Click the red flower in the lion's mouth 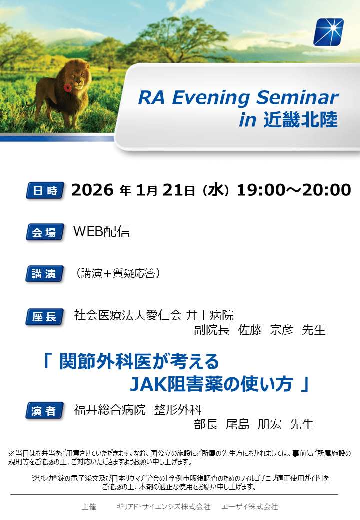67,88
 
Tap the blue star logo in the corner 328,32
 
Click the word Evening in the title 211,98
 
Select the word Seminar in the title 297,98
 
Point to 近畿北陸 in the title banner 300,119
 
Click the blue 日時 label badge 45,190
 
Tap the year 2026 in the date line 92,190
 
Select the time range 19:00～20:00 294,190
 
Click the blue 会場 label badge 45,232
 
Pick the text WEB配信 102,231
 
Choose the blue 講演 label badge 45,274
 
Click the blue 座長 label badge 45,317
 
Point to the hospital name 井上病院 210,315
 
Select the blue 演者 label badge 45,411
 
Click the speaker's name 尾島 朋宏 254,424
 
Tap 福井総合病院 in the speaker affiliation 110,410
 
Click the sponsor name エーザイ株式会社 250,506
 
